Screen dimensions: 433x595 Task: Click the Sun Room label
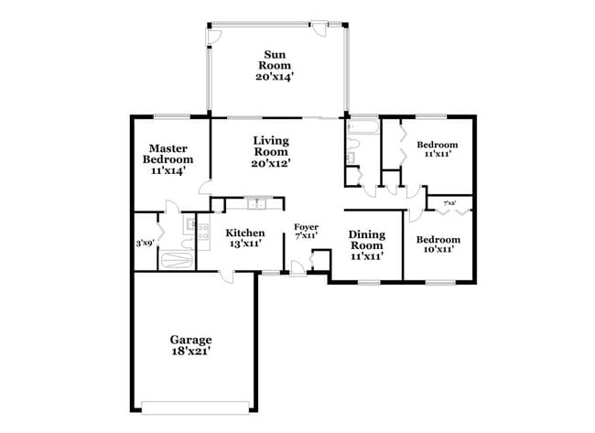coord(274,65)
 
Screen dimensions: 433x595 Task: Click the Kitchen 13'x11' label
coord(245,239)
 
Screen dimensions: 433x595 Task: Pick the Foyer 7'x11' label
coord(306,231)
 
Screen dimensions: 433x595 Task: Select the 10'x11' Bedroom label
coord(438,244)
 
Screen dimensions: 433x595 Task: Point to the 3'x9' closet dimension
coord(145,244)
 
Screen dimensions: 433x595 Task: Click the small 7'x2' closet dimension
coord(449,203)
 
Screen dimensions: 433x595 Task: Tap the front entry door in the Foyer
coord(297,266)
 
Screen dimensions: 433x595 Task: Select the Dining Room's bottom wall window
coord(369,282)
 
